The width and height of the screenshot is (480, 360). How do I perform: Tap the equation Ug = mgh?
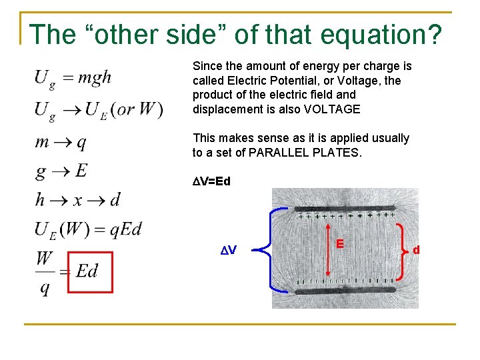[73, 79]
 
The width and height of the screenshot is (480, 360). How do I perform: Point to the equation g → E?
[61, 171]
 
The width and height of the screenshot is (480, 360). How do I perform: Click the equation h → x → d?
[78, 199]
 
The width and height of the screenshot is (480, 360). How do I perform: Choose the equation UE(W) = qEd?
[89, 230]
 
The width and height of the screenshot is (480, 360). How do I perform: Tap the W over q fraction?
[45, 273]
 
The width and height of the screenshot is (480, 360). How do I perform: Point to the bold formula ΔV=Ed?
[211, 181]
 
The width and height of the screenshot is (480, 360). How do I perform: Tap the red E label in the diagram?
[340, 244]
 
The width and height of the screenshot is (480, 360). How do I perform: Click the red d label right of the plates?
[416, 250]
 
